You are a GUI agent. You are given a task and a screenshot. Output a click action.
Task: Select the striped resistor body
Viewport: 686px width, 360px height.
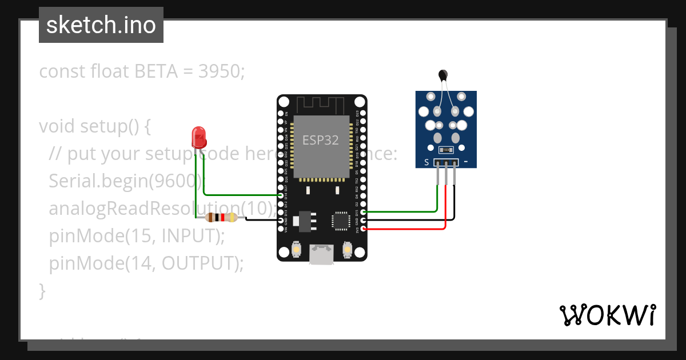(222, 217)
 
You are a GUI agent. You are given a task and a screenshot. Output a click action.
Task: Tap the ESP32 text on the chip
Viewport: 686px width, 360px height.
(321, 141)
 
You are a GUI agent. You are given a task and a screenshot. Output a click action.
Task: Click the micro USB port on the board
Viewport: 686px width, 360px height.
(321, 254)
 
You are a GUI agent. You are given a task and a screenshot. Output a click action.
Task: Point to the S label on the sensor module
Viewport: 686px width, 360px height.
(426, 162)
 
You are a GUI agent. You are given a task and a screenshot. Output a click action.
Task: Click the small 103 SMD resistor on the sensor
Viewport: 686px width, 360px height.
(446, 150)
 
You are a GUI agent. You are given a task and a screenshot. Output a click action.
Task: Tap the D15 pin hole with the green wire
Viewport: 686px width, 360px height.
(364, 212)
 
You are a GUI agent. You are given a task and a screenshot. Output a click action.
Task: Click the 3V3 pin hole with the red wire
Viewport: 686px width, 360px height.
(364, 229)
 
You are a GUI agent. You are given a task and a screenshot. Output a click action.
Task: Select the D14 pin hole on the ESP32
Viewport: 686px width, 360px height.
(281, 195)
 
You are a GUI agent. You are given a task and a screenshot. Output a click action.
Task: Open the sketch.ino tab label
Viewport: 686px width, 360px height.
(101, 26)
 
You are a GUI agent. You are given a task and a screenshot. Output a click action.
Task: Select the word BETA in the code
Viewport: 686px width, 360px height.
(156, 71)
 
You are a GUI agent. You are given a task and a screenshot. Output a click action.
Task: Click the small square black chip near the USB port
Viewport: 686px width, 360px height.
(341, 221)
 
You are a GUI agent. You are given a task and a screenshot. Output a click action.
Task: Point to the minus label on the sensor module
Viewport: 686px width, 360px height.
(466, 162)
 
